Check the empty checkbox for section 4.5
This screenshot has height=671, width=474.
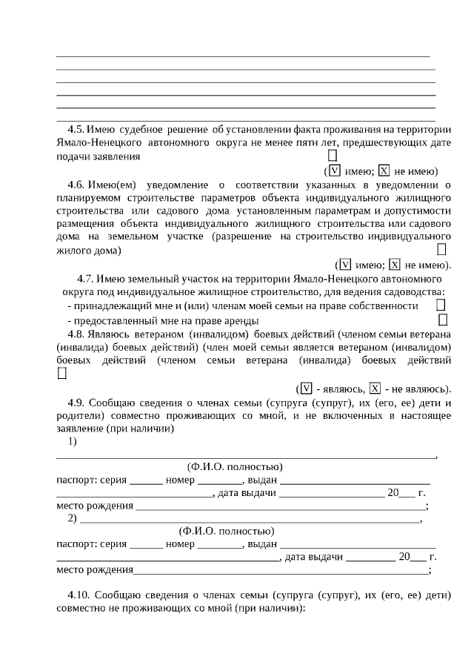point(333,156)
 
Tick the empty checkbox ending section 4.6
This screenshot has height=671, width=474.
point(442,250)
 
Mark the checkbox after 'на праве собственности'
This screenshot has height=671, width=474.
point(441,305)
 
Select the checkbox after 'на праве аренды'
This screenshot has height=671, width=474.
point(443,320)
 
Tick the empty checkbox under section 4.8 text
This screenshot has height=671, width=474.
point(61,374)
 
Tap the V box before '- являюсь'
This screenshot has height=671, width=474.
point(305,389)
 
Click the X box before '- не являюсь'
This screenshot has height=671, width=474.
point(375,389)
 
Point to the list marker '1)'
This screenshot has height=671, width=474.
point(73,442)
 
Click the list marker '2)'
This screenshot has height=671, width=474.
point(73,518)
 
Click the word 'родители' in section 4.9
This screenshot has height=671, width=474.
point(79,416)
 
